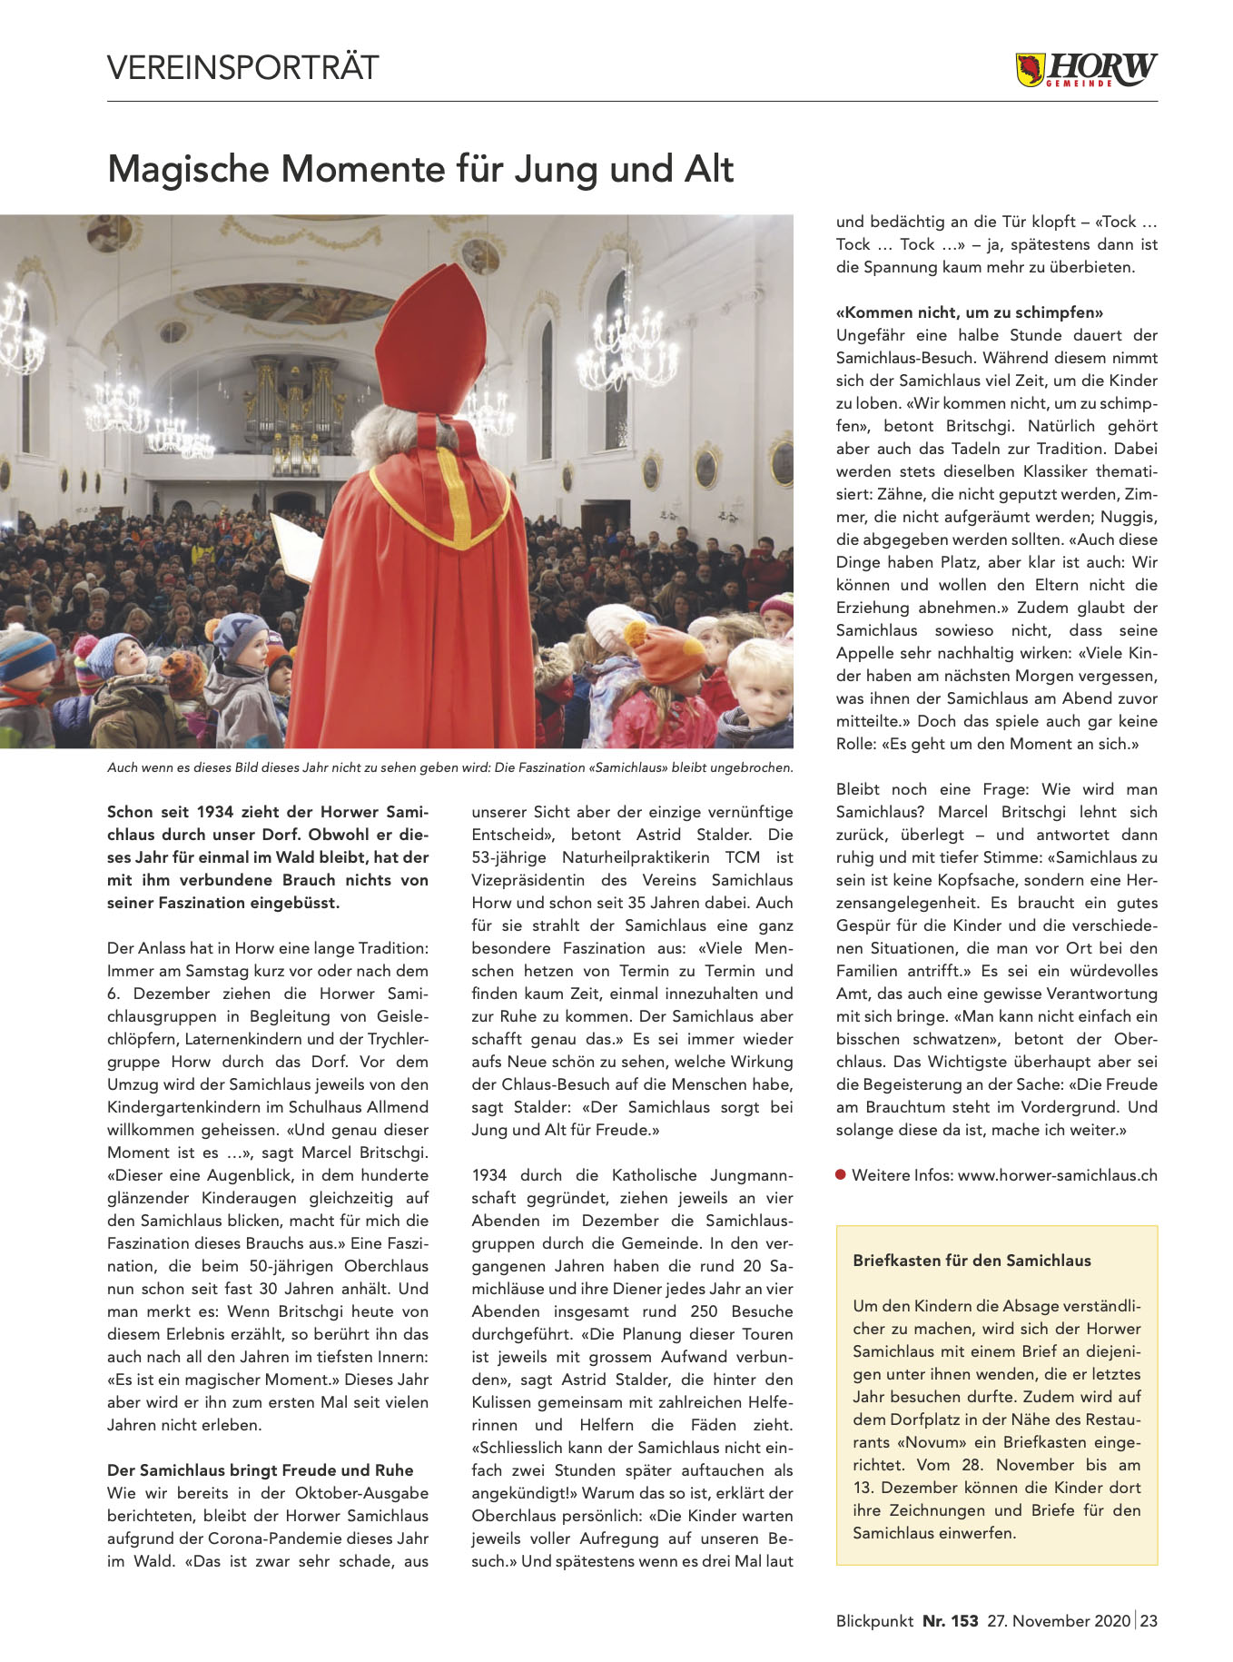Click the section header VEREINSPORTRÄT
pos(242,68)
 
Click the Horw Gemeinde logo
pos(1086,70)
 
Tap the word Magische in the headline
pos(188,170)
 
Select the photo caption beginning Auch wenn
pos(449,767)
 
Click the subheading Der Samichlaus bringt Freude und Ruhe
pos(260,1470)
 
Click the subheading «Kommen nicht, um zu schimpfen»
pos(969,312)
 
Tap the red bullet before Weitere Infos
pos(842,1175)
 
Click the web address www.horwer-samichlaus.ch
pos(1057,1175)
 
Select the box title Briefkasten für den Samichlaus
pos(972,1261)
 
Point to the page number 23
pos(1149,1620)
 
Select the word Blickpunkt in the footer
pos(874,1620)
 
